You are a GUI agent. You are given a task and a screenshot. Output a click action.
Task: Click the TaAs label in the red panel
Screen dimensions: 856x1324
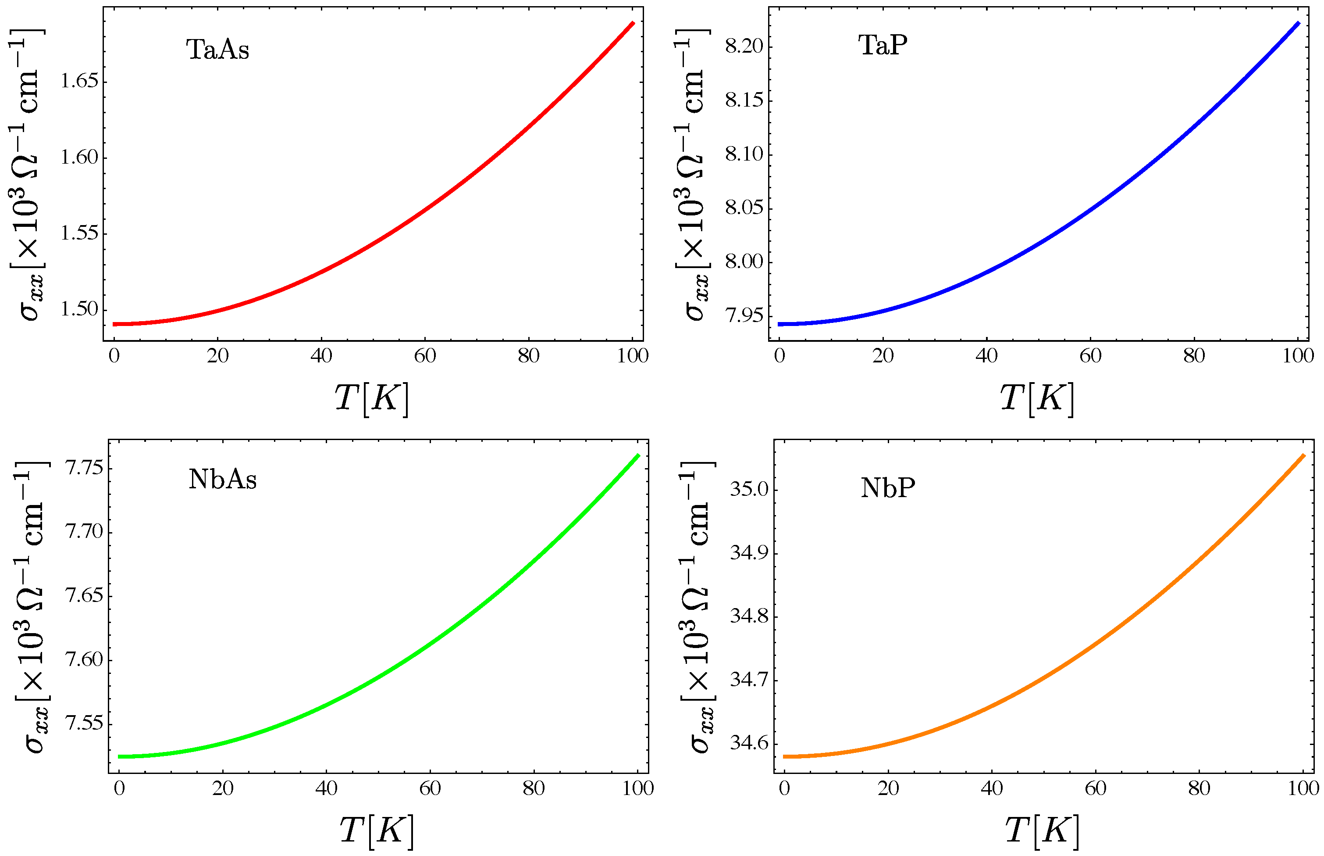(217, 50)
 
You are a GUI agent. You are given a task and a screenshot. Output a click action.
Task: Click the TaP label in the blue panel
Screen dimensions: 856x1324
(883, 45)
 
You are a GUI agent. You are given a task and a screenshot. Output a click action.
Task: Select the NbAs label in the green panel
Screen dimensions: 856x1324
(222, 479)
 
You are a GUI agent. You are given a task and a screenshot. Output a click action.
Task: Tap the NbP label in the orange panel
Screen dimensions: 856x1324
(887, 487)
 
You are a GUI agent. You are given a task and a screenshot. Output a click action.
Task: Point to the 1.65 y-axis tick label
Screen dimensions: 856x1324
(79, 82)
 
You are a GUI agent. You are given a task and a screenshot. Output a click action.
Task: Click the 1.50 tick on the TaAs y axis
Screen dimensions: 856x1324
(79, 309)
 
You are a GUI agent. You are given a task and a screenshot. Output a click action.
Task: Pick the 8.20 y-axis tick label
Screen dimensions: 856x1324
(744, 46)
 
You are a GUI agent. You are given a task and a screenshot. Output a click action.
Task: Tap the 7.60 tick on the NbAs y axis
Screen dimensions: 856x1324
(84, 660)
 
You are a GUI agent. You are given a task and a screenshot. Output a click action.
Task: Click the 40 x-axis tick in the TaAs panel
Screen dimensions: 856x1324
(321, 356)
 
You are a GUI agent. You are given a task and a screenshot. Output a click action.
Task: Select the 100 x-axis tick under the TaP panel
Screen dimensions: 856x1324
(1298, 356)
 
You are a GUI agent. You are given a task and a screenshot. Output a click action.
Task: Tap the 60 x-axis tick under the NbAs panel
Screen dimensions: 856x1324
(430, 788)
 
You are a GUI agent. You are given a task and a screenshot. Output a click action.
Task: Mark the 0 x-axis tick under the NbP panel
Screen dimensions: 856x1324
(784, 788)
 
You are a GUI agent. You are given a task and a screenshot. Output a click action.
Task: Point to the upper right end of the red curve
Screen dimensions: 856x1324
(633, 23)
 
